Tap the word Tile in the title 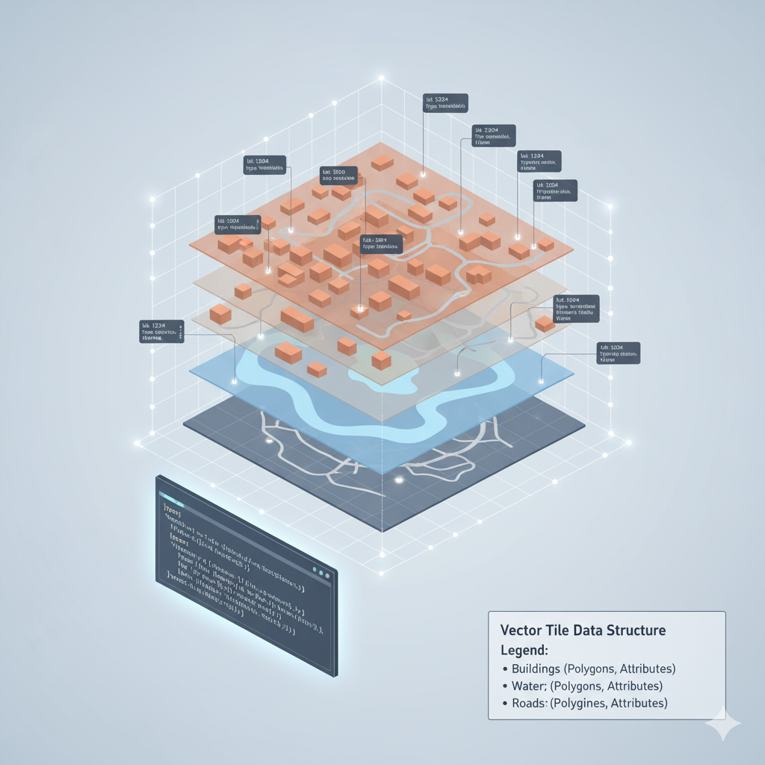(x=558, y=631)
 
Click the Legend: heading (x=524, y=649)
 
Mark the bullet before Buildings (x=505, y=669)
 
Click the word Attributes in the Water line (x=634, y=686)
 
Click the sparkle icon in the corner (x=725, y=724)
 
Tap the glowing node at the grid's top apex (x=381, y=78)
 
